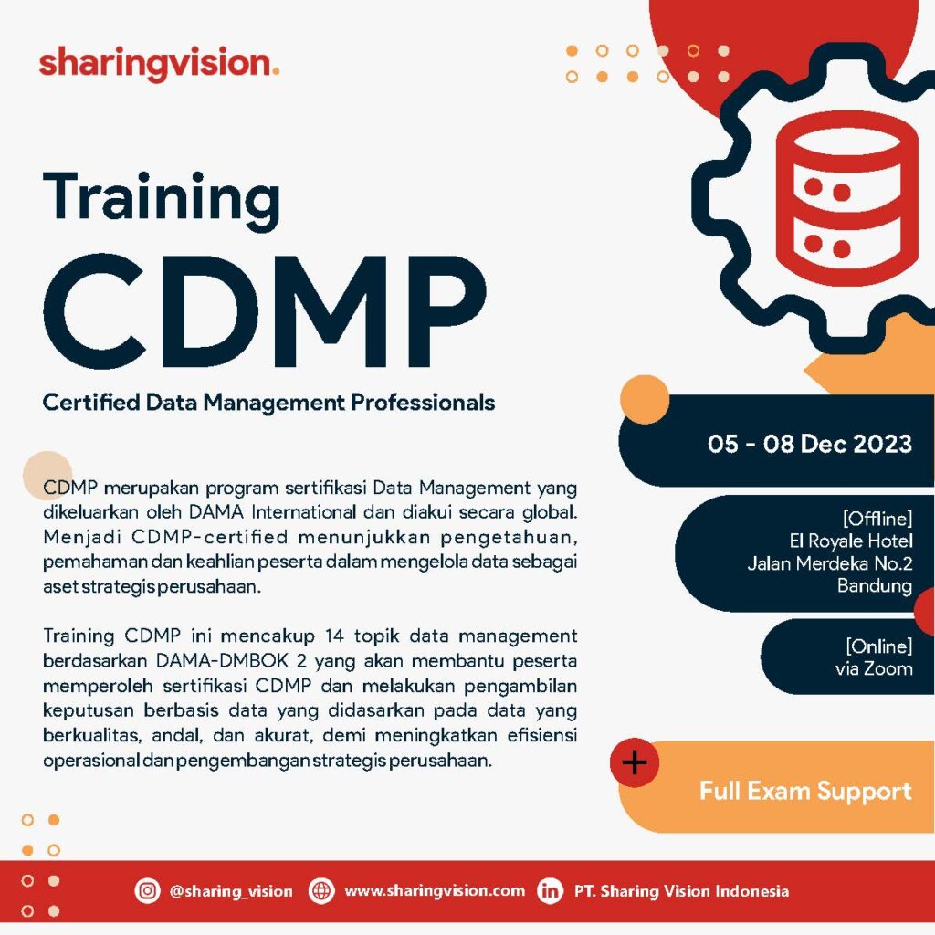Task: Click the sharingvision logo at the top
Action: (159, 63)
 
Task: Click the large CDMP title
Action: (265, 312)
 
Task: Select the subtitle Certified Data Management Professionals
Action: (269, 403)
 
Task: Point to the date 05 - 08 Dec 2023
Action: (810, 444)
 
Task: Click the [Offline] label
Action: (877, 519)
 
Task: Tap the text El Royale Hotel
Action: (851, 541)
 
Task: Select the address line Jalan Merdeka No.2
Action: (830, 563)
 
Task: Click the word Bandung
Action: (875, 586)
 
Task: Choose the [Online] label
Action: (879, 646)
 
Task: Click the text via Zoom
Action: (874, 668)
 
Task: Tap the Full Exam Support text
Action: (805, 792)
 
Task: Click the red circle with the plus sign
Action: (635, 762)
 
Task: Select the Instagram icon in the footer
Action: (147, 891)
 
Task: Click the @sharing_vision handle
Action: (231, 891)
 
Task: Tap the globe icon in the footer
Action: (321, 891)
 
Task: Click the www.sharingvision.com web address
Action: (435, 891)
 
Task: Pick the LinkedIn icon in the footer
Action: (550, 891)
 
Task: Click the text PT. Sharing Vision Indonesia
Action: (681, 891)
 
